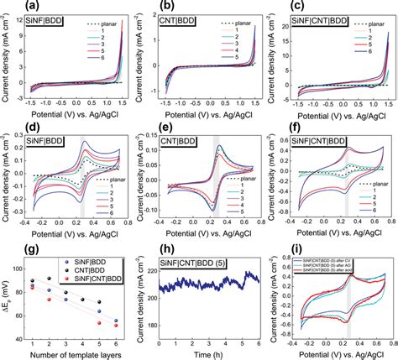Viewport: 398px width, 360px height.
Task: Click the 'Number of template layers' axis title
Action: (71, 352)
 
